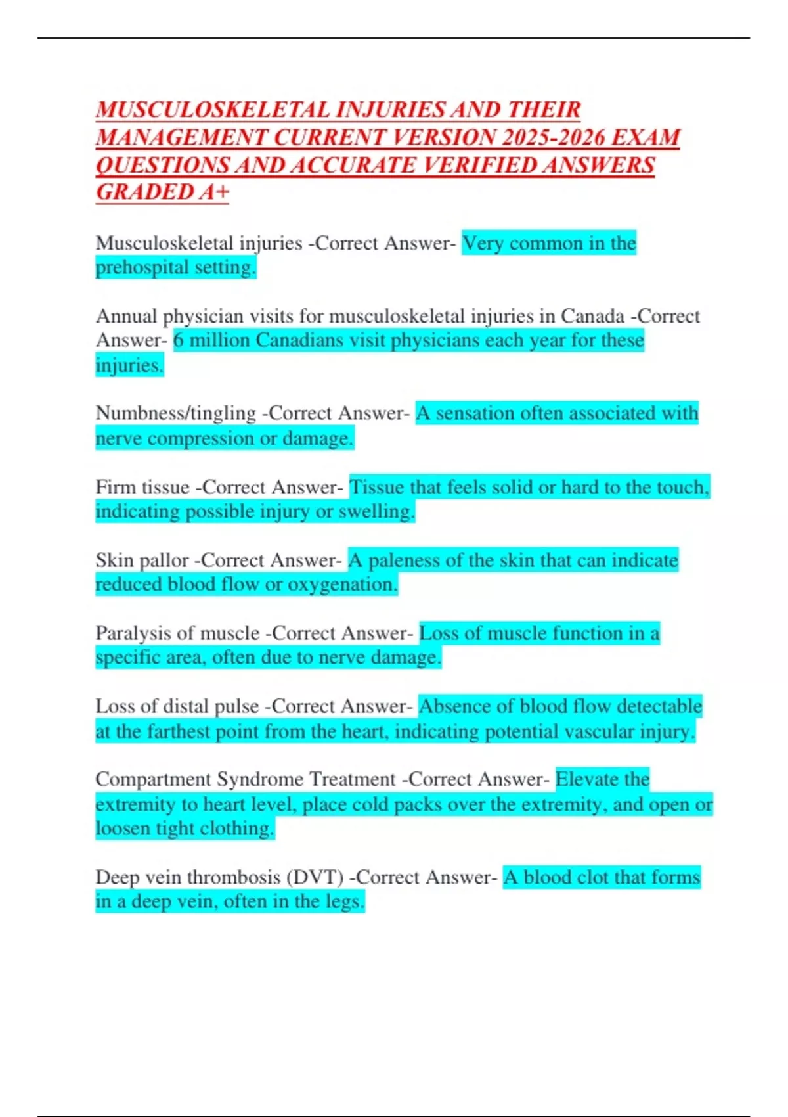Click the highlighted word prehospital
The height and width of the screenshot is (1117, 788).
pyautogui.click(x=133, y=267)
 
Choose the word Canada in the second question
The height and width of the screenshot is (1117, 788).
pyautogui.click(x=592, y=316)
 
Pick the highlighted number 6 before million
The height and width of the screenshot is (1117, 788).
pyautogui.click(x=179, y=340)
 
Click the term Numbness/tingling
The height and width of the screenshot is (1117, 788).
pyautogui.click(x=175, y=413)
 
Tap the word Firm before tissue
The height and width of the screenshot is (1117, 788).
pyautogui.click(x=114, y=487)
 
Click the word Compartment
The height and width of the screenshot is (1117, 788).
pyautogui.click(x=153, y=779)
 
